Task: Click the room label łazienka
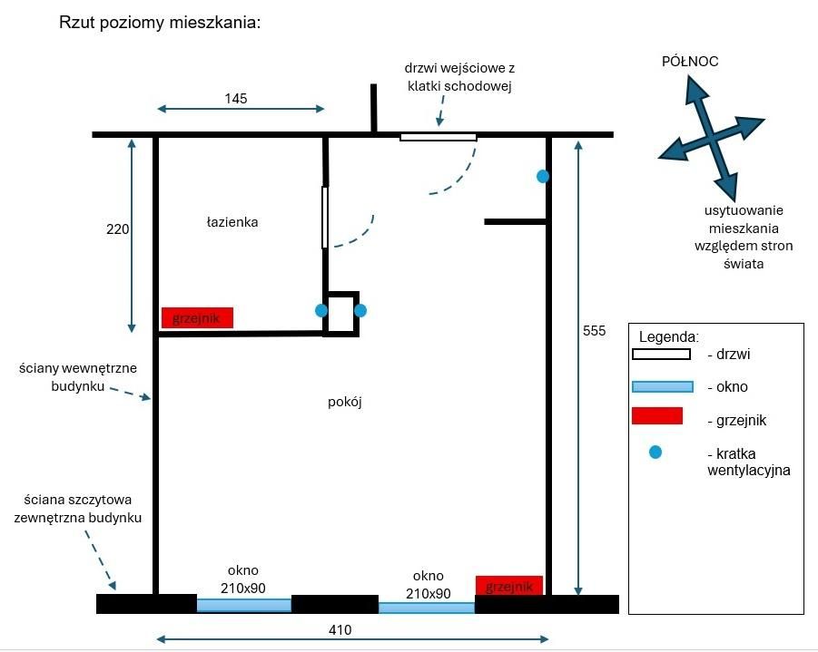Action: coord(232,222)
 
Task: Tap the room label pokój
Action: coord(344,402)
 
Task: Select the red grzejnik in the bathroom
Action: coord(197,318)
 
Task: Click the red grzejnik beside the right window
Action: coord(509,586)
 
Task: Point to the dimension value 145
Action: coord(236,99)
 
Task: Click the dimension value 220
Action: coord(117,229)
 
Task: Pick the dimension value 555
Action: coord(594,331)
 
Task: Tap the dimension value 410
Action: coord(340,630)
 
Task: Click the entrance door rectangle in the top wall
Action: coord(439,138)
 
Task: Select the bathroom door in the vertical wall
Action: coord(325,218)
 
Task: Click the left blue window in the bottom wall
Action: coord(243,605)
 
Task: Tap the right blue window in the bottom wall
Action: coord(427,608)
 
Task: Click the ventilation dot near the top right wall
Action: coord(543,177)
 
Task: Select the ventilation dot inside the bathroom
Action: coord(321,311)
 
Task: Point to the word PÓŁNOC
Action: coord(690,62)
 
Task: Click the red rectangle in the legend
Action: coord(657,416)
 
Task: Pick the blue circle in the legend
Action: coord(655,452)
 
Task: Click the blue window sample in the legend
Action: coord(663,386)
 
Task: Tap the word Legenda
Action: coord(669,337)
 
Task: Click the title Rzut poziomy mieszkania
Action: coord(160,23)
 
